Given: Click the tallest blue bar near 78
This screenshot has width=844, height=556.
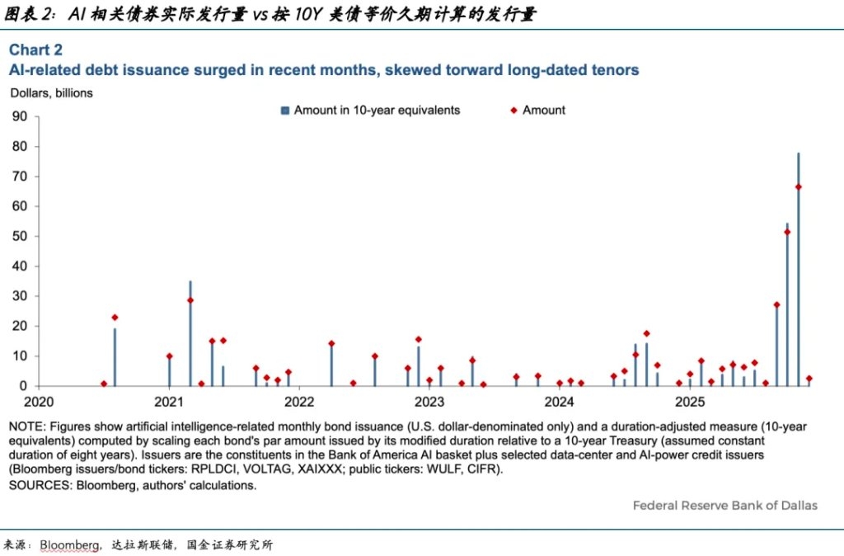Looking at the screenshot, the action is (798, 270).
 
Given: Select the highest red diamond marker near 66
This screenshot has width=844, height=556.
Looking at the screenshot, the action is (798, 187).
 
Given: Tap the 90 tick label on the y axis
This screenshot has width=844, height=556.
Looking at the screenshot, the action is (20, 116).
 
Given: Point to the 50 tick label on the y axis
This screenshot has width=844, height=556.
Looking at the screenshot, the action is (20, 236).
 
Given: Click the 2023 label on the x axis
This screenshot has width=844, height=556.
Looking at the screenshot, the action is (429, 402).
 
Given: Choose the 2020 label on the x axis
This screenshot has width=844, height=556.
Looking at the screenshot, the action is (39, 402).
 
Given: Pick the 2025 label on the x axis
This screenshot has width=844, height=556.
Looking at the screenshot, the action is (690, 402).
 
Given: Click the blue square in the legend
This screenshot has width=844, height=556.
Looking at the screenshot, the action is (285, 111).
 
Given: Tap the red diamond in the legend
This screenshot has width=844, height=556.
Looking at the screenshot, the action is (513, 111).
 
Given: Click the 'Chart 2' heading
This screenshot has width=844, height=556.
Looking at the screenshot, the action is (35, 50).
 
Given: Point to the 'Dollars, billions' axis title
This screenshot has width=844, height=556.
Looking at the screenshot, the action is (52, 93).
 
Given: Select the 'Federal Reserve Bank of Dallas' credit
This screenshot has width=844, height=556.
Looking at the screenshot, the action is (725, 506).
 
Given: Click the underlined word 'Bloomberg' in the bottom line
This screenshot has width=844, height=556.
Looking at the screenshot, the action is (69, 545).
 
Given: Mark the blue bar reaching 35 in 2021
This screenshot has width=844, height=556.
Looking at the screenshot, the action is (190, 333).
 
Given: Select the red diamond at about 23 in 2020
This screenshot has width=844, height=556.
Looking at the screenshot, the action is (115, 318).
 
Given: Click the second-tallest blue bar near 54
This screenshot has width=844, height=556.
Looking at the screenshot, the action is (787, 304).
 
